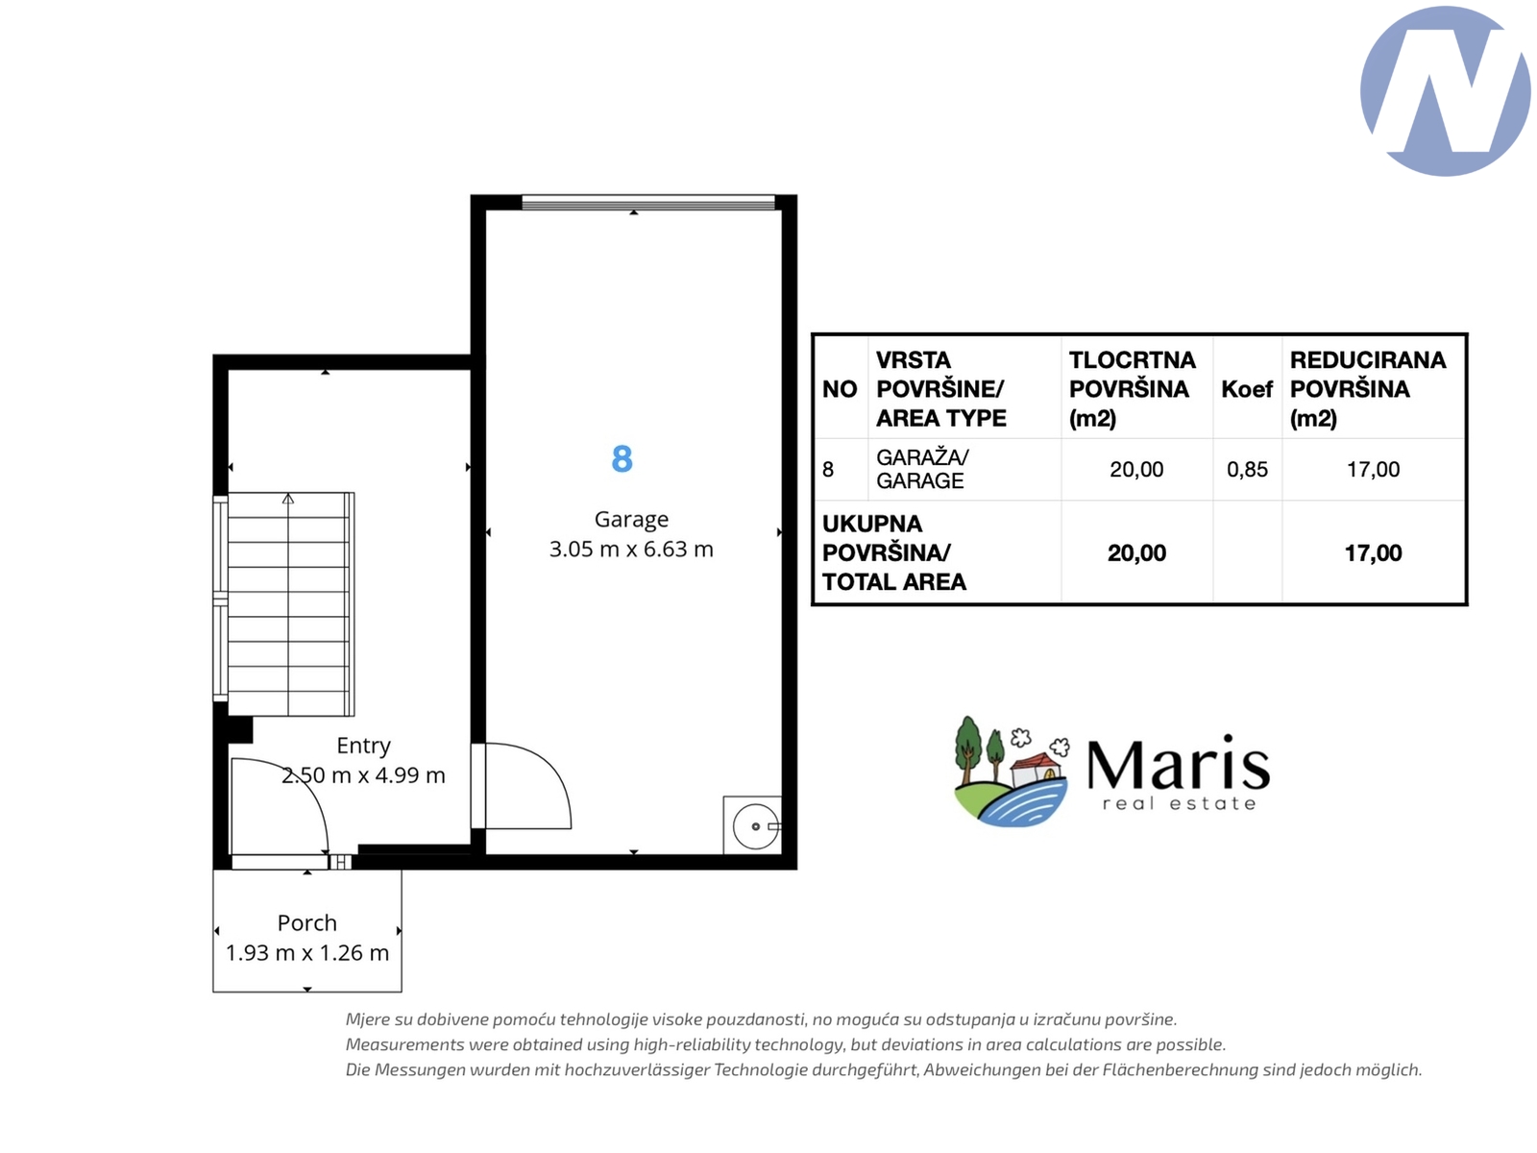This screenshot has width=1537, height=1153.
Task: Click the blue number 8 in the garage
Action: (x=622, y=458)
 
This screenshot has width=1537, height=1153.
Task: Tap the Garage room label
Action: (x=631, y=520)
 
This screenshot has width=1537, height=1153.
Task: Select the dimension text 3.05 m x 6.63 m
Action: (x=631, y=549)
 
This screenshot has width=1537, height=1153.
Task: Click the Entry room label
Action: (x=363, y=746)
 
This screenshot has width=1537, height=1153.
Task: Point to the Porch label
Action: (x=306, y=922)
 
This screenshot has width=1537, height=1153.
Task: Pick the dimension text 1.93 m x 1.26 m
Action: (x=306, y=953)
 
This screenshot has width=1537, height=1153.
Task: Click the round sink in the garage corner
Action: (x=756, y=826)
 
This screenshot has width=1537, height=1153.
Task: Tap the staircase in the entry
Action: (x=288, y=604)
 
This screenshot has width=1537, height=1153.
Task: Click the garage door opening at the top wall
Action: (x=647, y=203)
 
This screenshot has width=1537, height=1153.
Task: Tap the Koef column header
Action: (x=1246, y=389)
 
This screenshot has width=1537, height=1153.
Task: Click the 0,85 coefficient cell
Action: (x=1246, y=469)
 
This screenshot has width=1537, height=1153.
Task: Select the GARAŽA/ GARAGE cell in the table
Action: (x=922, y=469)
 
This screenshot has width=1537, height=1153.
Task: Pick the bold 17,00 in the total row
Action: (x=1373, y=553)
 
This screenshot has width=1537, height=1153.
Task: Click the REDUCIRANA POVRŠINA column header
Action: (x=1368, y=389)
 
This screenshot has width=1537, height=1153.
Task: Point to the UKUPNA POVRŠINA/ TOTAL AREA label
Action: (x=894, y=553)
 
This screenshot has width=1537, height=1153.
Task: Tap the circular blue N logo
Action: (x=1446, y=91)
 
